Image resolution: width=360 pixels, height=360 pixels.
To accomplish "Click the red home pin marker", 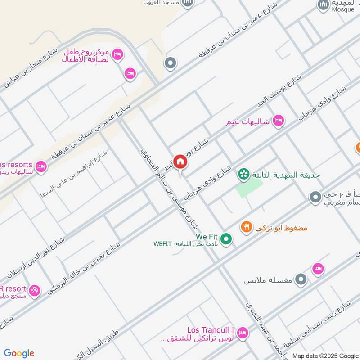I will click(180, 162).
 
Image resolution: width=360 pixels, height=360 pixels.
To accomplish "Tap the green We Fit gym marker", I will click(226, 239).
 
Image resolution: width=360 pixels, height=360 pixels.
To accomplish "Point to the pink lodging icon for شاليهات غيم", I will click(279, 121).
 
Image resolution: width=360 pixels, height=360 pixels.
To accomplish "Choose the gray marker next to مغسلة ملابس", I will click(301, 280).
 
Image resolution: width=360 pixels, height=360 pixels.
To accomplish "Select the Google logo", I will click(19, 353).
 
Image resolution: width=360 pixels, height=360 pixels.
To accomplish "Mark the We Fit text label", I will click(207, 236).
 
